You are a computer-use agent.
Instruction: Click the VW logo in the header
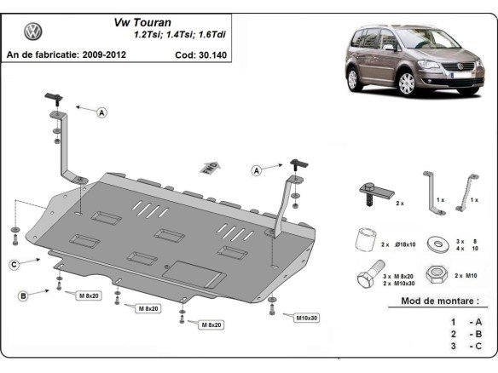pos(33,33)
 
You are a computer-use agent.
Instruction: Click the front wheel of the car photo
pos(407,83)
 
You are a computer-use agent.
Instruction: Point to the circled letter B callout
pos(23,296)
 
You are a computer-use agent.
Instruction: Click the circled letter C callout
pos(14,265)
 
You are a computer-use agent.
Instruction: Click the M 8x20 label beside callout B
pos(88,296)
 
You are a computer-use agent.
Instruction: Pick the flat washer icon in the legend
pos(439,244)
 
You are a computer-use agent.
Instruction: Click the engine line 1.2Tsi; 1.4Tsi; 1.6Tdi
pos(184,36)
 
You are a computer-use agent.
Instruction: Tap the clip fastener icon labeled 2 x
pos(373,192)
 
